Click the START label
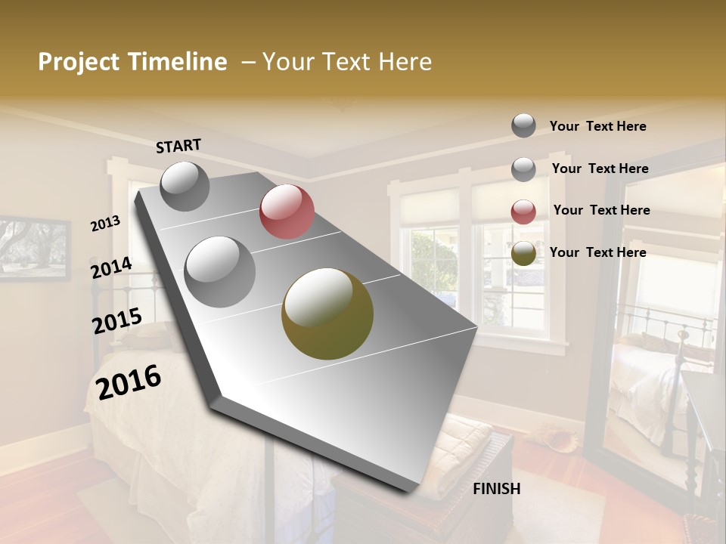pyautogui.click(x=178, y=146)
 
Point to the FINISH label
pyautogui.click(x=497, y=489)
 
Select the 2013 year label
pyautogui.click(x=105, y=224)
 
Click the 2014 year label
pyautogui.click(x=111, y=267)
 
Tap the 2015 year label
pyautogui.click(x=117, y=321)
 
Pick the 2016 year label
pyautogui.click(x=129, y=382)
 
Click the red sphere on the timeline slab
pyautogui.click(x=287, y=212)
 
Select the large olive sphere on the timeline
pyautogui.click(x=327, y=314)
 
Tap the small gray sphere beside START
pyautogui.click(x=185, y=186)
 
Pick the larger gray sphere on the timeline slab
pyautogui.click(x=220, y=272)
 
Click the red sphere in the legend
pyautogui.click(x=523, y=212)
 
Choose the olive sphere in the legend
pyautogui.click(x=523, y=253)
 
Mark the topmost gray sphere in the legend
pyautogui.click(x=523, y=125)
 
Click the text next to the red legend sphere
pyautogui.click(x=601, y=210)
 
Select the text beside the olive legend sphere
pyautogui.click(x=597, y=252)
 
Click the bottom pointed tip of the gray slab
pyautogui.click(x=412, y=490)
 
